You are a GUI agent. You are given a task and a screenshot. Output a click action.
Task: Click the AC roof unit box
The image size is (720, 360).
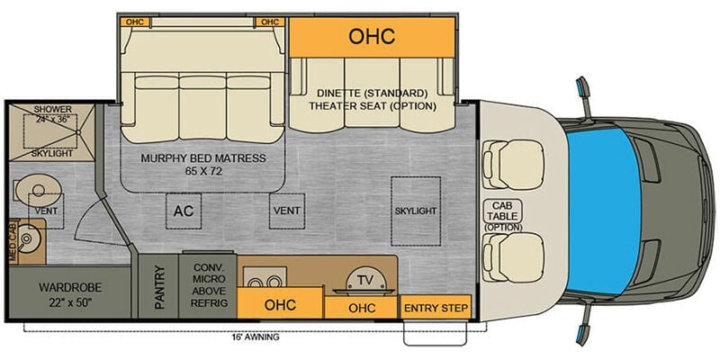pyautogui.click(x=184, y=211)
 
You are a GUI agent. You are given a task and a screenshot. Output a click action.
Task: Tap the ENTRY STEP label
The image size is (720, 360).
pyautogui.click(x=436, y=308)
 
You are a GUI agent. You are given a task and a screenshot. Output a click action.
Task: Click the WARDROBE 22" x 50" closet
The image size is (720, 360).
pyautogui.click(x=70, y=293)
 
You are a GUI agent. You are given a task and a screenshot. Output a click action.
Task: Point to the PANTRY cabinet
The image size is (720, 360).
pyautogui.click(x=158, y=286)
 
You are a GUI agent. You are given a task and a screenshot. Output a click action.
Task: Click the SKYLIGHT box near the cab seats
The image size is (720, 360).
pyautogui.click(x=416, y=211)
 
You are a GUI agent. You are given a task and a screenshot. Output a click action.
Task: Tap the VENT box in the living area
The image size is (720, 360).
pyautogui.click(x=287, y=211)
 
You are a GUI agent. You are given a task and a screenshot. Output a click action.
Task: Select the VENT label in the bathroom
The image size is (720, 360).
pyautogui.click(x=47, y=211)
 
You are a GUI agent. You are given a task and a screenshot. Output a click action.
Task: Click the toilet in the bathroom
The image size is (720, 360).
pyautogui.click(x=38, y=190)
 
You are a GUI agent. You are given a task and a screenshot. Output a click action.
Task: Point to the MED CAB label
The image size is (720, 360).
pyautogui.click(x=13, y=242)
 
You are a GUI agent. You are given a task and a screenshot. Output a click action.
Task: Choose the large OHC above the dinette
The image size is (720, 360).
pyautogui.click(x=372, y=37)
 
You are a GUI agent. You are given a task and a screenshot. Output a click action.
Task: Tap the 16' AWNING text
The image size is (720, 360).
pyautogui.click(x=256, y=337)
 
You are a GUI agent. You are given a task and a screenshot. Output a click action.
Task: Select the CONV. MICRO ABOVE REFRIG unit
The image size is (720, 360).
pyautogui.click(x=208, y=285)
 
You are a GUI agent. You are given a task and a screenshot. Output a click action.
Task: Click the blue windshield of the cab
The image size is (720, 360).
pyautogui.click(x=603, y=211)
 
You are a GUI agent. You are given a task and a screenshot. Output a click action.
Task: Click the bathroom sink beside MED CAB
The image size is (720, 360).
pyautogui.click(x=27, y=239)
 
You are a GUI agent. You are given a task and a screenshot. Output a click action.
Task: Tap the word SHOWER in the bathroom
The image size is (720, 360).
pyautogui.click(x=53, y=109)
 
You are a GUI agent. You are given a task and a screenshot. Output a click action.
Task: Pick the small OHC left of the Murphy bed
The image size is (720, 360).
pyautogui.click(x=134, y=22)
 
